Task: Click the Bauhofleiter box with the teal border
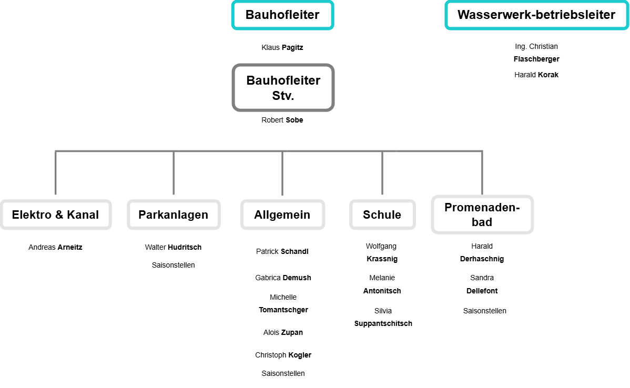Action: click(282, 15)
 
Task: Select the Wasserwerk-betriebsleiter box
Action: click(536, 15)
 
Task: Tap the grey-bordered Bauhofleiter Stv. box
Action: click(283, 88)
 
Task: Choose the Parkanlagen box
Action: click(174, 215)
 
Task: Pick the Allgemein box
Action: click(282, 215)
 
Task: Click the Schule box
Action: click(382, 215)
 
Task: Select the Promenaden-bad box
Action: click(482, 215)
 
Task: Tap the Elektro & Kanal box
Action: click(55, 215)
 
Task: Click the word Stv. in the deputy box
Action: click(283, 96)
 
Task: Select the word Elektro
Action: click(32, 215)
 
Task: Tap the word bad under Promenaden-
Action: click(482, 222)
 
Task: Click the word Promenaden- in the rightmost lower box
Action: click(482, 207)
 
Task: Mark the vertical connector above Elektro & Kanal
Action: click(55, 173)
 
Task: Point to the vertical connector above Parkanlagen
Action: click(174, 173)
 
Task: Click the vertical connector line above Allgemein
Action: click(282, 173)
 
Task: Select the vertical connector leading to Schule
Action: click(382, 173)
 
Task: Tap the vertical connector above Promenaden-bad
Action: click(482, 173)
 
